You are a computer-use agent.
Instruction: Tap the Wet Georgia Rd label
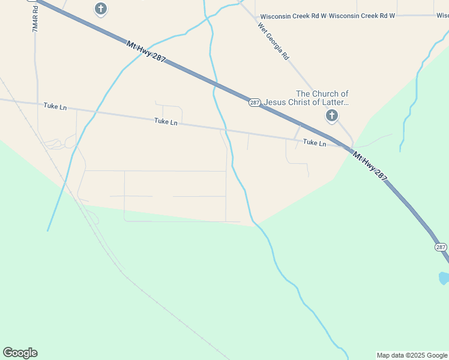click(274, 41)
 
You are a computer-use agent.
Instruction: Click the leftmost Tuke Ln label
click(55, 107)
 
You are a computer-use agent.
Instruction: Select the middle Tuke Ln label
click(166, 122)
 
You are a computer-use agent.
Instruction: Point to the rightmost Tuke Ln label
click(315, 143)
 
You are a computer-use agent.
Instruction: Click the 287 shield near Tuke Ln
click(255, 103)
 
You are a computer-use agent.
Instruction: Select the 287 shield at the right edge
click(441, 247)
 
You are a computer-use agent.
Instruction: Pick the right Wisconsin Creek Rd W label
click(362, 16)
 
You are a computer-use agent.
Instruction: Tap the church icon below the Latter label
click(331, 116)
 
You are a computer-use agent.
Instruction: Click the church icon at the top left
click(101, 9)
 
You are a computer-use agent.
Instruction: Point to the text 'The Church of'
click(322, 94)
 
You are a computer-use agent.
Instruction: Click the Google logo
click(20, 353)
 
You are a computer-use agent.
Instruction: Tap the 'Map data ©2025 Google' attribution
click(412, 355)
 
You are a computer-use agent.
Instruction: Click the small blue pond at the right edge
click(444, 278)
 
